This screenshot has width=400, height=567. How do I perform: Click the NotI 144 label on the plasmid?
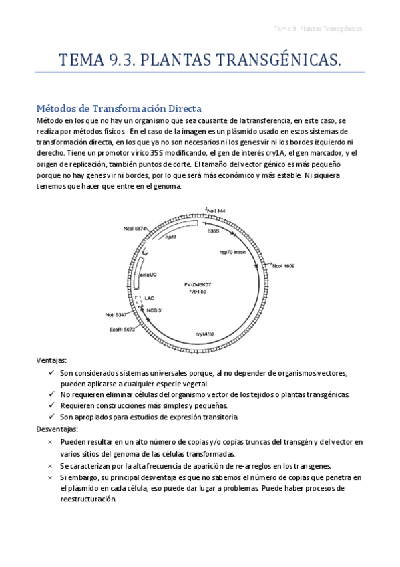point(216,211)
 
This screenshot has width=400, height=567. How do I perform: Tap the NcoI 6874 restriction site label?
point(136,229)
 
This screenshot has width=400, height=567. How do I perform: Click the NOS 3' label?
point(156,310)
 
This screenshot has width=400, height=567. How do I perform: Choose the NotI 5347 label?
point(116,314)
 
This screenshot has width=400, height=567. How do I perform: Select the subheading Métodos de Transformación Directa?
point(119,108)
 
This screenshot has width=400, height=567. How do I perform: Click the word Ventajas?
point(52,360)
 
